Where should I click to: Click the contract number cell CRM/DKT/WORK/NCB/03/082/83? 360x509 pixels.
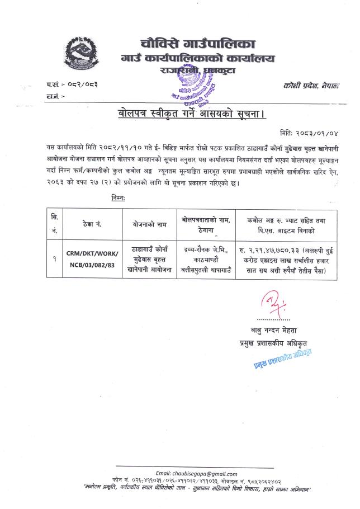click(91, 258)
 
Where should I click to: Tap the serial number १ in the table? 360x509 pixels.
click(54, 258)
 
